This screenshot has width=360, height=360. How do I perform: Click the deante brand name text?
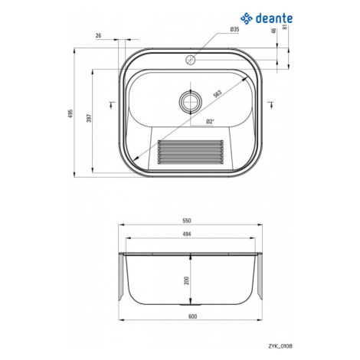(x=274, y=18)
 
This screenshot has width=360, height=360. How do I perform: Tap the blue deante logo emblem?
(x=247, y=18)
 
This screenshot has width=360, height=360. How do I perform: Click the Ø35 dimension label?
(x=234, y=29)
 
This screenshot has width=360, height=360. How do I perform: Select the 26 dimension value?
(x=98, y=35)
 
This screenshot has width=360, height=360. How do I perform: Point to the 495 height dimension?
(x=71, y=113)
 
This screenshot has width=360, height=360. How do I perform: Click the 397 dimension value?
(x=89, y=118)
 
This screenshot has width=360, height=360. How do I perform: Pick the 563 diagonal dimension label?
(x=218, y=93)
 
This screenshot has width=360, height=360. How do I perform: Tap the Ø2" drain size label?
(x=210, y=122)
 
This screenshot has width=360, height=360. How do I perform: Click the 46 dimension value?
(x=273, y=31)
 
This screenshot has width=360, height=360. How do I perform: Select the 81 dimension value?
(x=285, y=27)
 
